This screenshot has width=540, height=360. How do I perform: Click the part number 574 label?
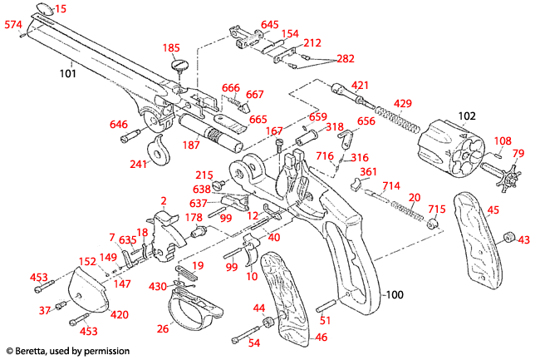tap(13, 26)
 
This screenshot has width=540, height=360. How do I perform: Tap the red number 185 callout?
tap(171, 47)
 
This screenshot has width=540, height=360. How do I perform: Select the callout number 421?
tap(361, 85)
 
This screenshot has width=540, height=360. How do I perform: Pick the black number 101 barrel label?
tap(67, 73)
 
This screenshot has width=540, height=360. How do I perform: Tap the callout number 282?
tap(344, 58)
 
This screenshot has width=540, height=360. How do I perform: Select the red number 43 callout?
tap(523, 239)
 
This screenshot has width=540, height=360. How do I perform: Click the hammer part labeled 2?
tap(170, 224)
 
